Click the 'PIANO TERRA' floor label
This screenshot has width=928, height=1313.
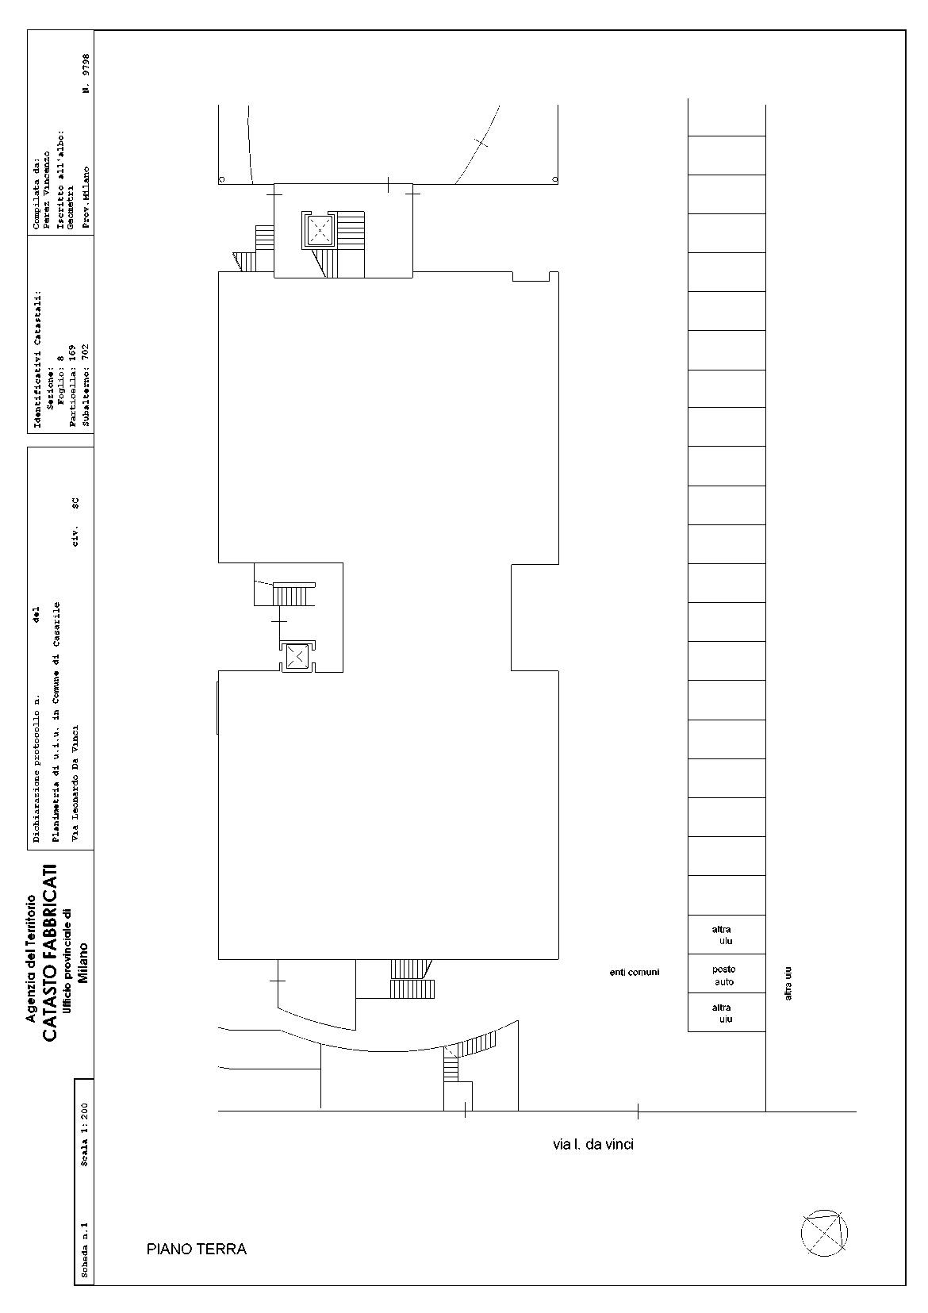tap(196, 1250)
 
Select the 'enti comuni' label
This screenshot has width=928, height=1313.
tap(635, 972)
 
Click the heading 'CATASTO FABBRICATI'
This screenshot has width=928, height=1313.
tap(50, 953)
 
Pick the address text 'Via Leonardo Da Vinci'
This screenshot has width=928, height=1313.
tap(75, 784)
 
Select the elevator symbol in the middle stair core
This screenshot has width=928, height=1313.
tap(298, 657)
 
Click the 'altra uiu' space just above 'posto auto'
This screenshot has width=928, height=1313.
tap(726, 935)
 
